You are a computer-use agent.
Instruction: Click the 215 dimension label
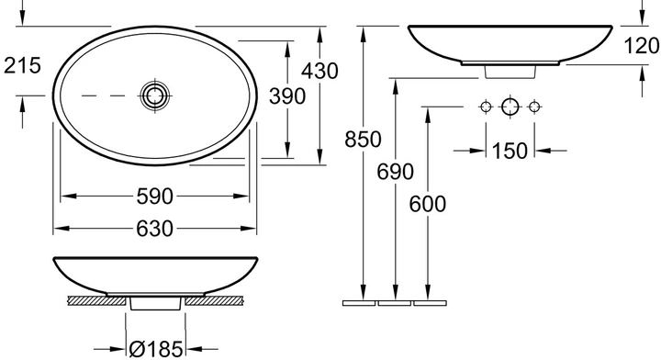(22, 66)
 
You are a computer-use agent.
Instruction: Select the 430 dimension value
(319, 71)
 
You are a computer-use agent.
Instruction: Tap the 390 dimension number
(287, 96)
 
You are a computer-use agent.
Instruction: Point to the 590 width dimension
(155, 197)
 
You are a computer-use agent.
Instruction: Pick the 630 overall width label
(155, 229)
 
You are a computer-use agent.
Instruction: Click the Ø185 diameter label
(156, 350)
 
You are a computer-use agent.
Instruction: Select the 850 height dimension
(363, 140)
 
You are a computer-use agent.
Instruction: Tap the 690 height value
(395, 172)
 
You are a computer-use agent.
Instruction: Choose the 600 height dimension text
(428, 205)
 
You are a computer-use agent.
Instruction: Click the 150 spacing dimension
(510, 151)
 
